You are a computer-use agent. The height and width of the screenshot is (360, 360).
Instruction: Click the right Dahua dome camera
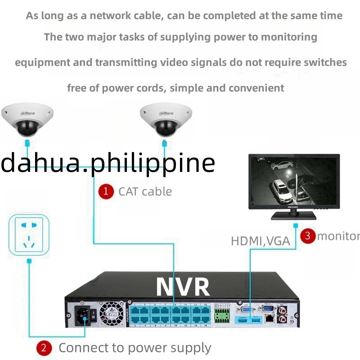(163, 120)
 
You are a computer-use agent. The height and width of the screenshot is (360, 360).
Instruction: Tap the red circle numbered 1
(106, 191)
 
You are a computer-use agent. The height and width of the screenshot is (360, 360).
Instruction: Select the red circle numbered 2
(44, 348)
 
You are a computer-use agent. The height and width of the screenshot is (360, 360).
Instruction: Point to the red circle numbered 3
(308, 235)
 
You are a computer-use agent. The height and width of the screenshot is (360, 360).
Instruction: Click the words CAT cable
(145, 191)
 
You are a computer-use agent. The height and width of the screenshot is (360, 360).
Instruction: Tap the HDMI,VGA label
(260, 241)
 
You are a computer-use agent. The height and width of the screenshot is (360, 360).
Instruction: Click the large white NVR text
(183, 287)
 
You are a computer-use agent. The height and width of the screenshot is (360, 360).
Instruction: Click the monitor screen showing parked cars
(293, 180)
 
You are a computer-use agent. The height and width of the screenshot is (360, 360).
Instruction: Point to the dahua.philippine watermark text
(108, 163)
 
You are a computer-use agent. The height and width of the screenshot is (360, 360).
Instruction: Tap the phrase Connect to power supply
(135, 348)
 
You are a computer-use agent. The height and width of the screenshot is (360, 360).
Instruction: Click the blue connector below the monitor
(295, 225)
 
